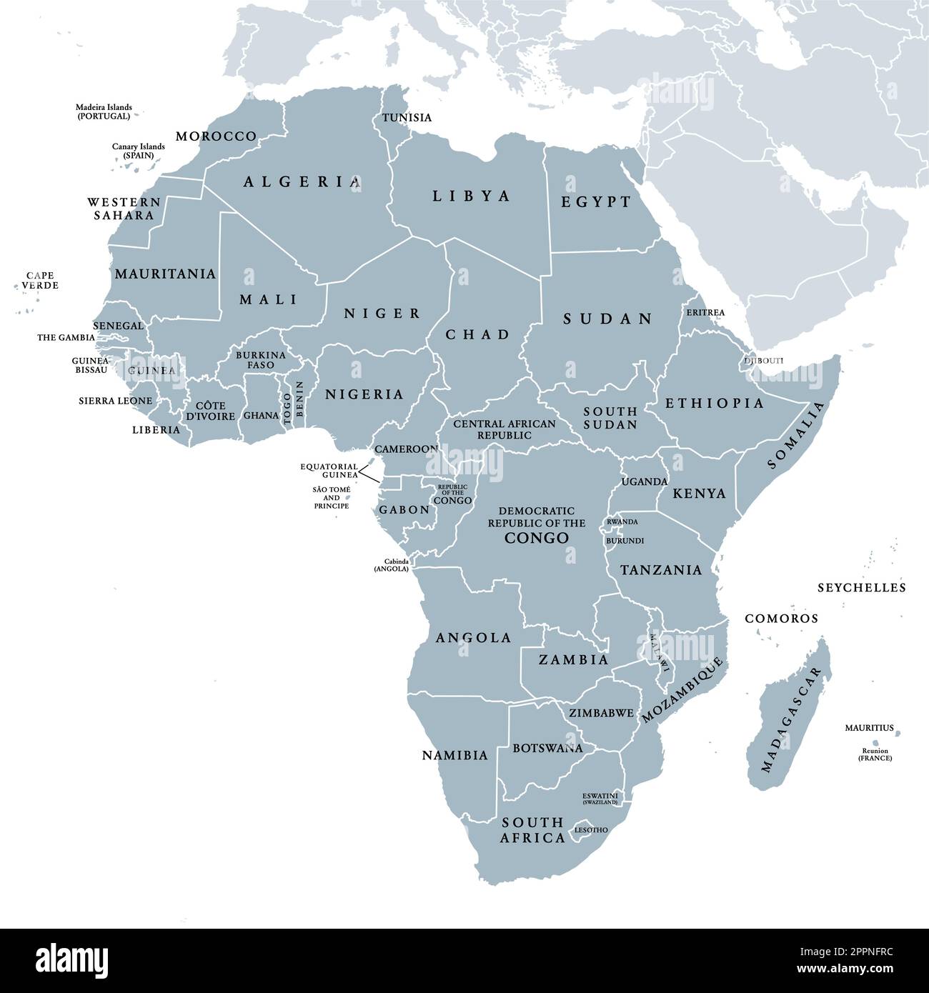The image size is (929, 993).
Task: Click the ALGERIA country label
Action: coord(302,182)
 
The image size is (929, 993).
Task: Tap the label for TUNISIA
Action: coord(407,117)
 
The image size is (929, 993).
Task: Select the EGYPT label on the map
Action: coord(596,202)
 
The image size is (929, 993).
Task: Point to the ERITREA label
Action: coord(705,312)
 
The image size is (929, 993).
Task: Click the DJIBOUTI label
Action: coord(763,361)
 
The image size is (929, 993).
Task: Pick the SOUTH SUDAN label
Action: coord(610,418)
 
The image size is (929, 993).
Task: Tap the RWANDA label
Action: coord(622,522)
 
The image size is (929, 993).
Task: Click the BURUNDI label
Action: coord(625,541)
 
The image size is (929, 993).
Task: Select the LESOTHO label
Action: coord(591,829)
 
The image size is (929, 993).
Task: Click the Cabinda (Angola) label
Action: coord(391,565)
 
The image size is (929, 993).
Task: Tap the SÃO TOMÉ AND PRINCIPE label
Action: coord(332,497)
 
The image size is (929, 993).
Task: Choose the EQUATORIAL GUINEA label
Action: coord(329,470)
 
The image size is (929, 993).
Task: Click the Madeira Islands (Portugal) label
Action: coord(104,111)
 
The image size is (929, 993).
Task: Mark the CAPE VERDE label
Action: coord(40,280)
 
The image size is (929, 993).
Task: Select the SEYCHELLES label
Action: coord(861,588)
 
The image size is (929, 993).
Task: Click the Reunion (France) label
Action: coord(875,754)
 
